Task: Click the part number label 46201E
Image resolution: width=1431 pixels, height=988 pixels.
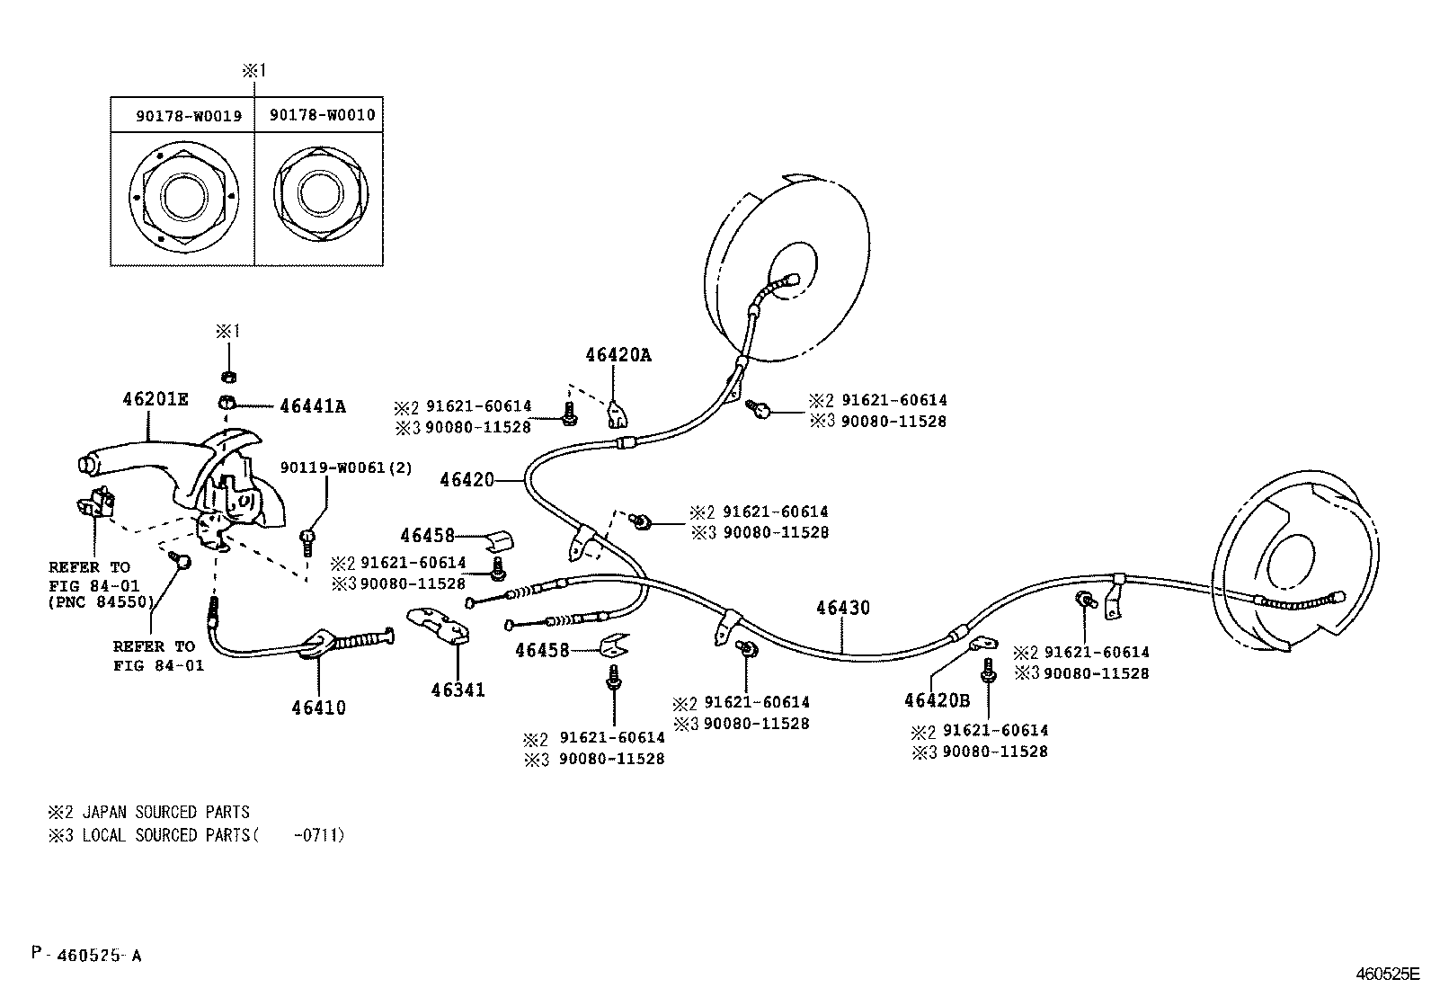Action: (155, 398)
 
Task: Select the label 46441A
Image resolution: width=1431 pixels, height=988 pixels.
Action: (312, 406)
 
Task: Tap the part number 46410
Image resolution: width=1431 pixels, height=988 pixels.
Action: (318, 708)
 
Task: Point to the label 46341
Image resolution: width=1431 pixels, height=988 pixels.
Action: (458, 690)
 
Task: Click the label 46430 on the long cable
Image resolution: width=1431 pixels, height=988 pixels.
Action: (843, 609)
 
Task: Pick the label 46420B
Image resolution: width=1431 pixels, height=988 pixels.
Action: (937, 700)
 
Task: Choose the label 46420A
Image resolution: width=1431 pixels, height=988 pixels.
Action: (618, 355)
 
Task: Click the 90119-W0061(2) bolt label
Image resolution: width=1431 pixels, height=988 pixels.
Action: (346, 467)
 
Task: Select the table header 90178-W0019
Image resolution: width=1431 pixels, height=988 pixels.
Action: (189, 116)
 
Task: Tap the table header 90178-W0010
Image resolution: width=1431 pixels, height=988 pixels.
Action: (322, 115)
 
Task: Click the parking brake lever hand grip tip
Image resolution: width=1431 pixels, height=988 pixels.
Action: (88, 464)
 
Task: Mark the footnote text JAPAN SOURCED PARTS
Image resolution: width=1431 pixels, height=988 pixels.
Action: (165, 812)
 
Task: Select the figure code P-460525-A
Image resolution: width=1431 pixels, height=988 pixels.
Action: (85, 955)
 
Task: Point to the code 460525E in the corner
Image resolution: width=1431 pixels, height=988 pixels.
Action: (1387, 974)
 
